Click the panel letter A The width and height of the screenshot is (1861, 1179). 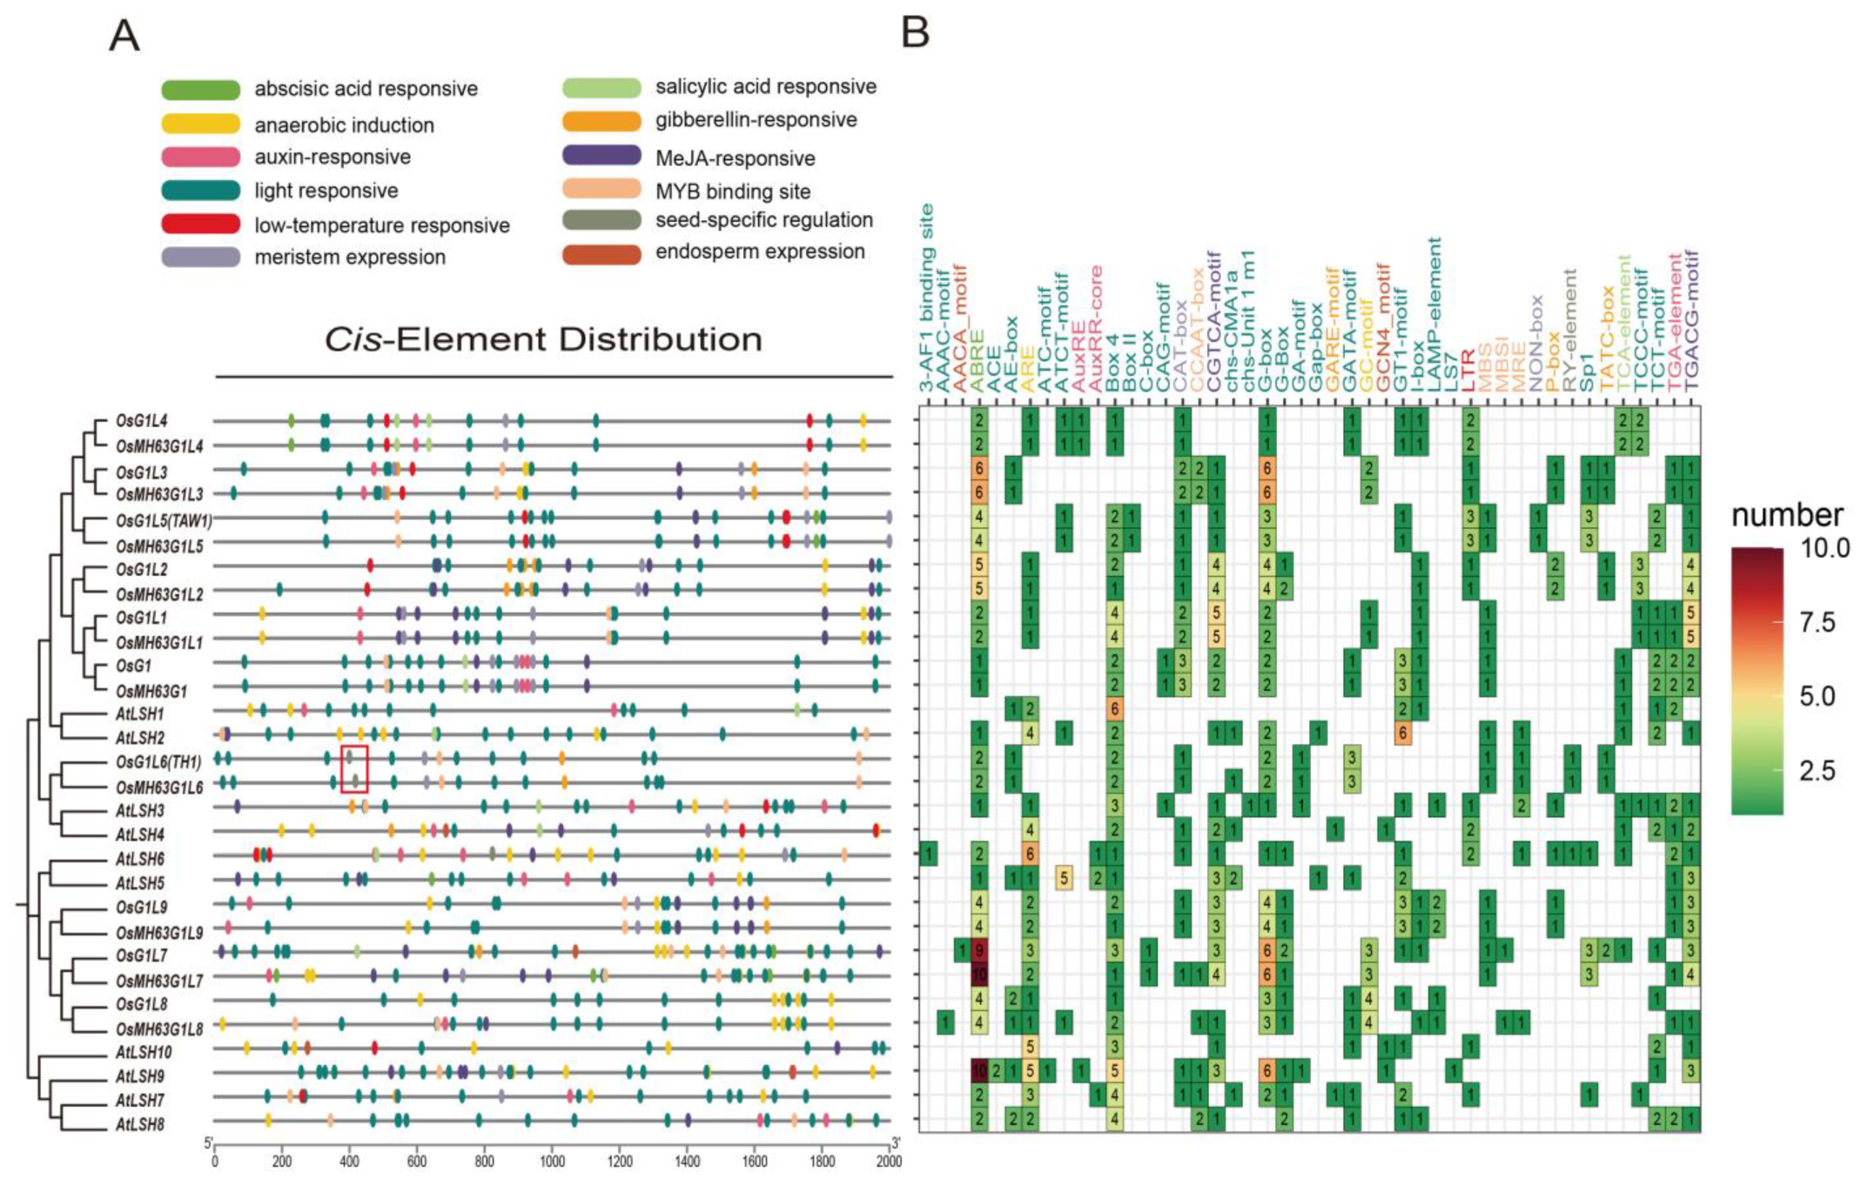point(124,37)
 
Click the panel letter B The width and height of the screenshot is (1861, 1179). point(916,32)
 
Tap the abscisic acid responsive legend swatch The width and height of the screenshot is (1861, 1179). point(200,89)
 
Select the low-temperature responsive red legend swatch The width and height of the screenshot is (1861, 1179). point(200,224)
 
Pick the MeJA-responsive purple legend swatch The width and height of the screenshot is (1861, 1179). point(601,157)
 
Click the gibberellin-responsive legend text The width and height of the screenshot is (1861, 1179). point(756,120)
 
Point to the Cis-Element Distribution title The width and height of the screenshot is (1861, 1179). point(543,339)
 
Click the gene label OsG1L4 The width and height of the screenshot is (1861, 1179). point(141,421)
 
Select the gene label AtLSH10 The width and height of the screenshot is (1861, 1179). point(144,1052)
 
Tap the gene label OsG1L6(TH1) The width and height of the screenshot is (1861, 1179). point(158,762)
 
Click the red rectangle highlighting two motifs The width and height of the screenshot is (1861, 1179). point(354,769)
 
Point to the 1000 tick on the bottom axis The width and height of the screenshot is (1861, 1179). point(552,1162)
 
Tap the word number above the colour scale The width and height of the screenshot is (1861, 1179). point(1786,515)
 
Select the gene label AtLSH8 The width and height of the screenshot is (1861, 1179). point(140,1124)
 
